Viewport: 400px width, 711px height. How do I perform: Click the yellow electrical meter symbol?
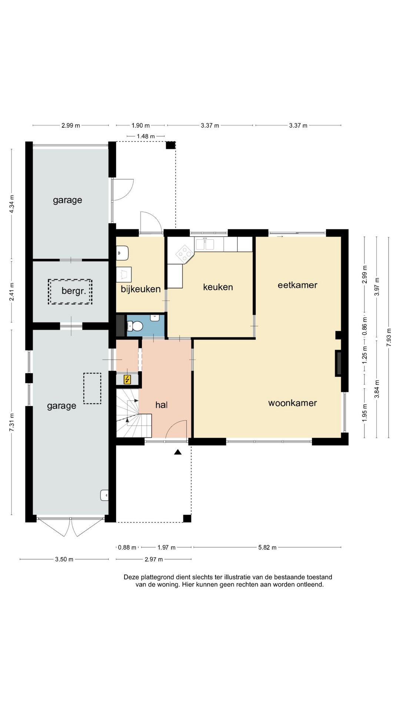[x=127, y=379]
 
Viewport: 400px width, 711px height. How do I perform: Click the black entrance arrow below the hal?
[x=178, y=452]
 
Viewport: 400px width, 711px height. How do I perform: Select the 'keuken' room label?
[x=218, y=287]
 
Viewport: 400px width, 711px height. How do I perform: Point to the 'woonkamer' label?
[x=293, y=403]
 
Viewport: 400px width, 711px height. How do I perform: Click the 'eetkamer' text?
[x=297, y=285]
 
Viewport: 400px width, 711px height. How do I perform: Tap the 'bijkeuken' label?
[x=141, y=289]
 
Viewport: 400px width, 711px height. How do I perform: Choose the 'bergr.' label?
[x=74, y=291]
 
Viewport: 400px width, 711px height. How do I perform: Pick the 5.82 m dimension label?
[x=267, y=547]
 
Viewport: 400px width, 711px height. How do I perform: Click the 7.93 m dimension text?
[x=389, y=337]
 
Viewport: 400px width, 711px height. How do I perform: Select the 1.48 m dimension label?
[x=146, y=136]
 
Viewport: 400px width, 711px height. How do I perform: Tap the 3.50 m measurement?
[x=64, y=559]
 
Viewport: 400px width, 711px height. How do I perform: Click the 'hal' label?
[x=161, y=405]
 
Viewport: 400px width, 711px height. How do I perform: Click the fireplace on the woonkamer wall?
[x=339, y=363]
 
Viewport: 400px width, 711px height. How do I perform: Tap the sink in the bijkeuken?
[x=122, y=253]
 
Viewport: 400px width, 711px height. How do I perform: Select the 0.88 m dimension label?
[x=127, y=547]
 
